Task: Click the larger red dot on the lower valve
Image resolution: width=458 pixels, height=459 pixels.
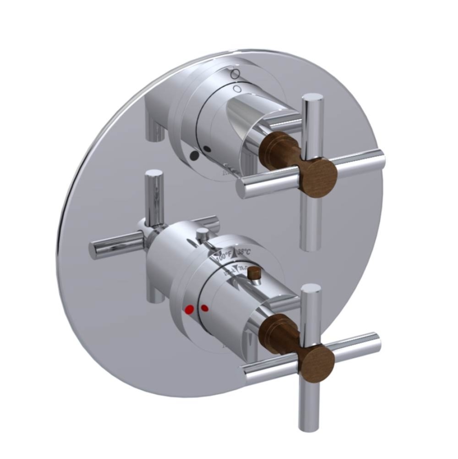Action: point(188,311)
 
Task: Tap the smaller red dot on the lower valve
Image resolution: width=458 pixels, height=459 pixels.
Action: point(204,307)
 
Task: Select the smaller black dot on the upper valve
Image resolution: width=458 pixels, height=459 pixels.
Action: point(207,148)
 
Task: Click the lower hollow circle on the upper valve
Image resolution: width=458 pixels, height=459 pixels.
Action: point(237,88)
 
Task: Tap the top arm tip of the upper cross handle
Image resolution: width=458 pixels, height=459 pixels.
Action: point(312,99)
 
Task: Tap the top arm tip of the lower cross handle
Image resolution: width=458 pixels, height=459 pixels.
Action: point(311,289)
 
